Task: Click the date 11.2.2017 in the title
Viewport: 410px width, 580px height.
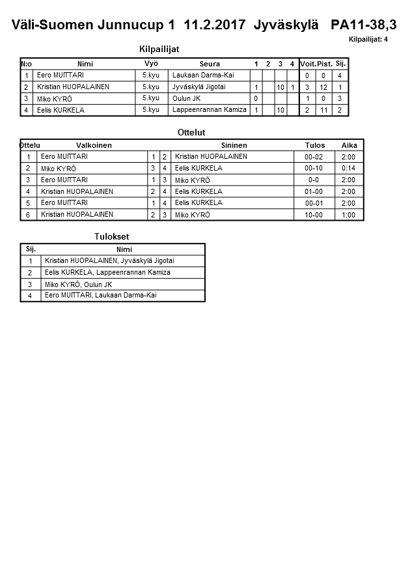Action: coord(215,25)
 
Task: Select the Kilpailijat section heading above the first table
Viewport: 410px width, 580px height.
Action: coord(159,49)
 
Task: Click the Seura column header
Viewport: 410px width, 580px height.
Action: coord(210,64)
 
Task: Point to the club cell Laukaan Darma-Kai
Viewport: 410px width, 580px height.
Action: coord(202,76)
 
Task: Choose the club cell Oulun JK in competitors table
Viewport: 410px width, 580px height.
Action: coord(186,99)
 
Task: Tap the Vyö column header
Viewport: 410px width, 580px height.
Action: coord(151,64)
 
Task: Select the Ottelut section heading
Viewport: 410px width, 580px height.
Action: coord(191,132)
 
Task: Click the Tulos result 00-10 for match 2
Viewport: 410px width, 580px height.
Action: coord(314,169)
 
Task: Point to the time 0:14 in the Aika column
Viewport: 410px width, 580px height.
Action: coord(348,169)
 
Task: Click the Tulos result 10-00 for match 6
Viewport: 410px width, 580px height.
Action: coord(314,215)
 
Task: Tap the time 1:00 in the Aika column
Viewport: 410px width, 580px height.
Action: coord(348,215)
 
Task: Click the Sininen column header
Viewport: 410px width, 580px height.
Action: coord(234,145)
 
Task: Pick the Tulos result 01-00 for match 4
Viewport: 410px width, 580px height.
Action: coord(314,192)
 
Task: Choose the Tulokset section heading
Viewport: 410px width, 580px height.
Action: coord(113,236)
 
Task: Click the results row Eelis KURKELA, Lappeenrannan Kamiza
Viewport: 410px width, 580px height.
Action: coord(107,273)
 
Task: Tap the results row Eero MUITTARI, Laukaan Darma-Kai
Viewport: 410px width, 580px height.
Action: coord(101,296)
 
